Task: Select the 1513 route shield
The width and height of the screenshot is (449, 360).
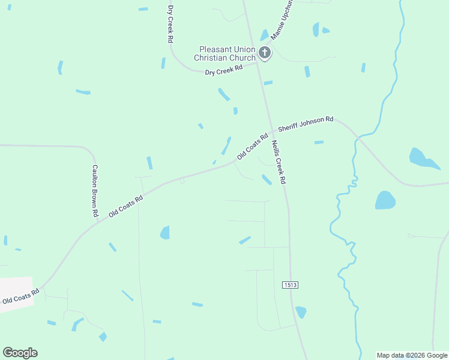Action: tap(290, 284)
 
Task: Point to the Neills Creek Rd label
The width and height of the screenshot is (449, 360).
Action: tap(277, 161)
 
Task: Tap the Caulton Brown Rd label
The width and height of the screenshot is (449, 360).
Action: tap(94, 190)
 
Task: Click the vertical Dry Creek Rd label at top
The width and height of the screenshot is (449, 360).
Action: tap(170, 24)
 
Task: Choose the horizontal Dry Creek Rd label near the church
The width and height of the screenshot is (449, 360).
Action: tap(223, 70)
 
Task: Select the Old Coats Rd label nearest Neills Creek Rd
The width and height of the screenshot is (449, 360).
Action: tap(252, 146)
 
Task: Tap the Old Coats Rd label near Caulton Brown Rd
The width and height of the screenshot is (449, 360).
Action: tap(125, 206)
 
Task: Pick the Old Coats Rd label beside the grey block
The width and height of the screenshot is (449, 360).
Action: tap(20, 295)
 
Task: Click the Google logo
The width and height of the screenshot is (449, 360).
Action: tap(20, 353)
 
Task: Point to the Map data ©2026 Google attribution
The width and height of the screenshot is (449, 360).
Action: tap(412, 355)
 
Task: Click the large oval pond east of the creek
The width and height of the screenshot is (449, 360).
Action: tap(385, 200)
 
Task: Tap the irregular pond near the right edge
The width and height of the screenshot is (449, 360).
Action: tap(423, 158)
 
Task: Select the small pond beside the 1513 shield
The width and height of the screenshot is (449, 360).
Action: tap(301, 312)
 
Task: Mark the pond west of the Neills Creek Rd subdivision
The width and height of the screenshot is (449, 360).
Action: tap(165, 232)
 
